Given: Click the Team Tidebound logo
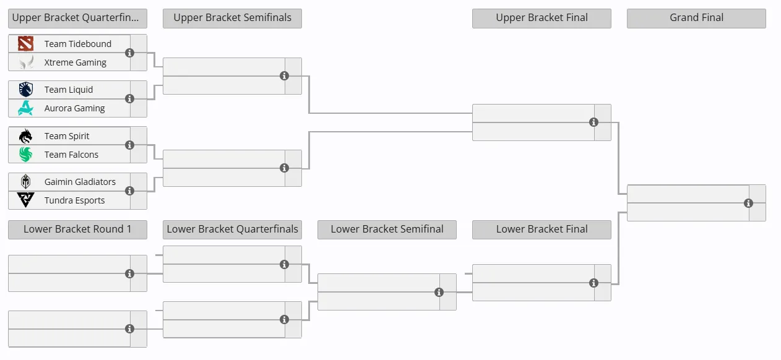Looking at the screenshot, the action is pos(26,43).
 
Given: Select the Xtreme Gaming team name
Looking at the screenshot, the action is pos(76,62).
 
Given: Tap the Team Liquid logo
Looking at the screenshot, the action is pos(26,90).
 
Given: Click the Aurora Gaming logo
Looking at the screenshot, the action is pos(26,108).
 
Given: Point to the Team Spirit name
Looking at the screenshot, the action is pos(67,136).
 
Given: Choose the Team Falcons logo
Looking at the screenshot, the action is pos(26,155).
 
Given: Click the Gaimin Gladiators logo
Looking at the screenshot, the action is pos(26,182).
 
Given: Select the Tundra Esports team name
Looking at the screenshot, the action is pos(75,200).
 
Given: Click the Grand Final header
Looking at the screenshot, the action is pos(696,18).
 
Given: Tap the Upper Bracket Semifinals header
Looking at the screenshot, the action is pos(232,18).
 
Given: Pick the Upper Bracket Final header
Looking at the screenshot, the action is pos(542,18).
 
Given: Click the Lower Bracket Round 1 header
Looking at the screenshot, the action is pos(77,229).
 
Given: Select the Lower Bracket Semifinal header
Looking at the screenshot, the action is pos(387,229).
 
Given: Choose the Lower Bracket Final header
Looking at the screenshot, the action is pos(542,229).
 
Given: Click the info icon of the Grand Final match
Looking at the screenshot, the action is pos(748,203).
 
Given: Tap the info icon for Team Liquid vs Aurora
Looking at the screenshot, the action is pos(130,98).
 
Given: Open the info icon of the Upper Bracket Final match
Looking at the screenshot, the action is pos(593,122).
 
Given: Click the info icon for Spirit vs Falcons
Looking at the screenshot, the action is pos(130,145).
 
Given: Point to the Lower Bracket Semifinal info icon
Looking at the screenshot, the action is pos(439,292).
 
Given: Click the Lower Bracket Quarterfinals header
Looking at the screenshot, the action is pos(232,229).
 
